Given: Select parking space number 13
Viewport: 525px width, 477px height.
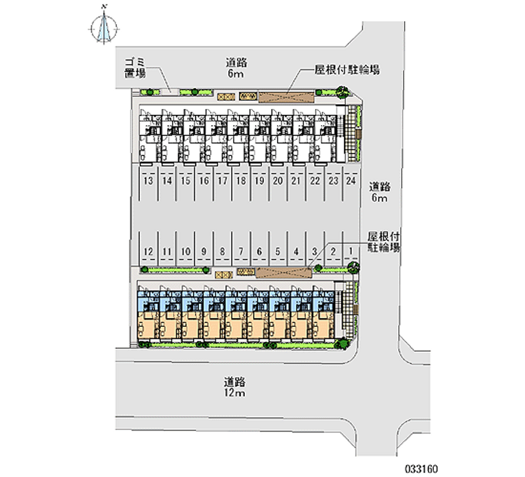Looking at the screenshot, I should click(x=148, y=180).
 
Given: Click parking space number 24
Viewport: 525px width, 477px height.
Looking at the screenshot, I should click(x=352, y=180).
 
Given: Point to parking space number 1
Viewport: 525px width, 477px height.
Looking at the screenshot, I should click(x=352, y=251).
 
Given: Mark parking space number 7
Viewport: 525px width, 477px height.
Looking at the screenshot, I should click(x=241, y=251).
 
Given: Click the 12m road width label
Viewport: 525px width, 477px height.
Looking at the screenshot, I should click(x=234, y=393).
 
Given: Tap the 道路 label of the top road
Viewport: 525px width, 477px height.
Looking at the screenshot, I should click(x=236, y=63).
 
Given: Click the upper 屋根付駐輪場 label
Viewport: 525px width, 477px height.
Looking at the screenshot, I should click(x=348, y=69).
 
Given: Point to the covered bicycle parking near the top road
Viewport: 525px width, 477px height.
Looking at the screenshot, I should click(x=286, y=96).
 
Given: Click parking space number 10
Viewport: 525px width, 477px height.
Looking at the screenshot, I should click(x=186, y=251).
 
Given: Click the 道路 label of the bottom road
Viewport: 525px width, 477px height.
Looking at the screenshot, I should click(x=234, y=381).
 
